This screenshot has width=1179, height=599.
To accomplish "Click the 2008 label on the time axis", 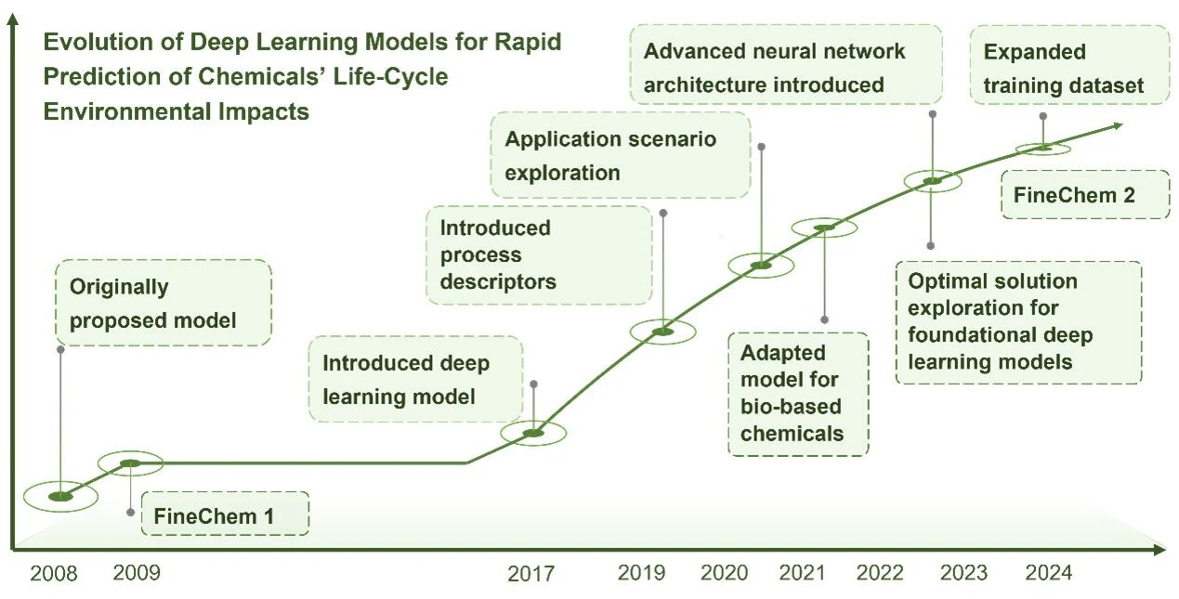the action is (x=53, y=573).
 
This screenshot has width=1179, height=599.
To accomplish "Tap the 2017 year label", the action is (x=531, y=574).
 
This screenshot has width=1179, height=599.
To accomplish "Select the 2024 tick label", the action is (x=1049, y=573).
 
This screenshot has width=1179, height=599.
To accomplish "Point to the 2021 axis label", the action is (x=802, y=573).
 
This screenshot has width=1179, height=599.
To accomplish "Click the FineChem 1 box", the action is (x=225, y=514).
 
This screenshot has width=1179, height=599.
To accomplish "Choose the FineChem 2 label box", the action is (x=1085, y=195).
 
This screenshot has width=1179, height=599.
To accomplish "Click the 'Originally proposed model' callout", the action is (x=164, y=303).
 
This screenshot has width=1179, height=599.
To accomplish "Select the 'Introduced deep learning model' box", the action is (x=416, y=379).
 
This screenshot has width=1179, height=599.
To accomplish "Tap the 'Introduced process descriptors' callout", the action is (x=539, y=255).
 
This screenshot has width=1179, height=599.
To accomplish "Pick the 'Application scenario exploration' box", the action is (x=621, y=155).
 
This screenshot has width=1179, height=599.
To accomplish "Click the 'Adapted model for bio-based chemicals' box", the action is (x=798, y=394).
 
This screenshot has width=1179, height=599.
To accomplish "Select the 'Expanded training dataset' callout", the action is (x=1069, y=64).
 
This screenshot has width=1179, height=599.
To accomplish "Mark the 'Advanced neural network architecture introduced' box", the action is (x=786, y=64).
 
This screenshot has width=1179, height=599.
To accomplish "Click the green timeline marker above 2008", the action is (x=60, y=496).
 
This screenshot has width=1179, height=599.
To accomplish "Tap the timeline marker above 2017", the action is (x=533, y=433).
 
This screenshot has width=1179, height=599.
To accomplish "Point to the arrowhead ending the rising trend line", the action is (x=1117, y=126).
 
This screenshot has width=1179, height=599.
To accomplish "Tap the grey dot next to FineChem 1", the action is (x=130, y=513).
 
